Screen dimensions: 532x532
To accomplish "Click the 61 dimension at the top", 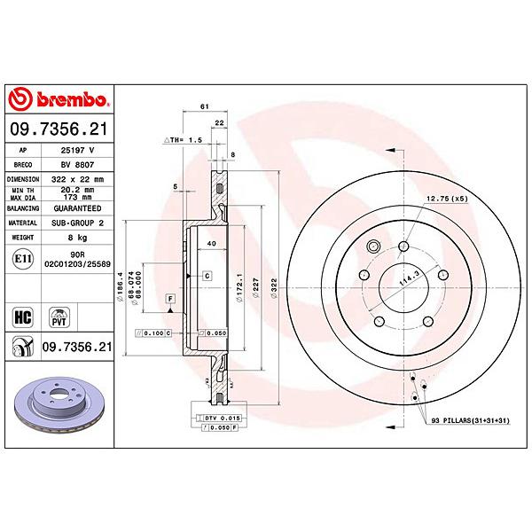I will pos(205,106).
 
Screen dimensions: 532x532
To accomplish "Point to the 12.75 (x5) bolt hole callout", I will pos(446,199).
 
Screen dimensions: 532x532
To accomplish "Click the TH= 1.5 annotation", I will pos(184,141).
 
